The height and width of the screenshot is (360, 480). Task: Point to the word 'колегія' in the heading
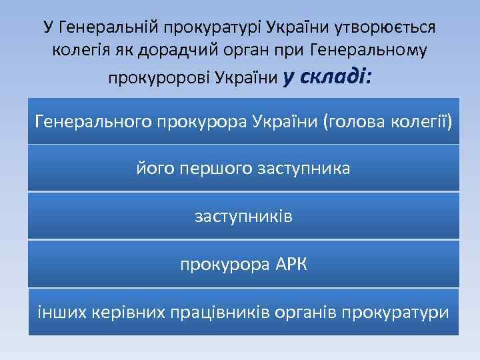pyautogui.click(x=78, y=51)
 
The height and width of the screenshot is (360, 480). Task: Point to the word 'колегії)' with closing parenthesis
pyautogui.click(x=415, y=122)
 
